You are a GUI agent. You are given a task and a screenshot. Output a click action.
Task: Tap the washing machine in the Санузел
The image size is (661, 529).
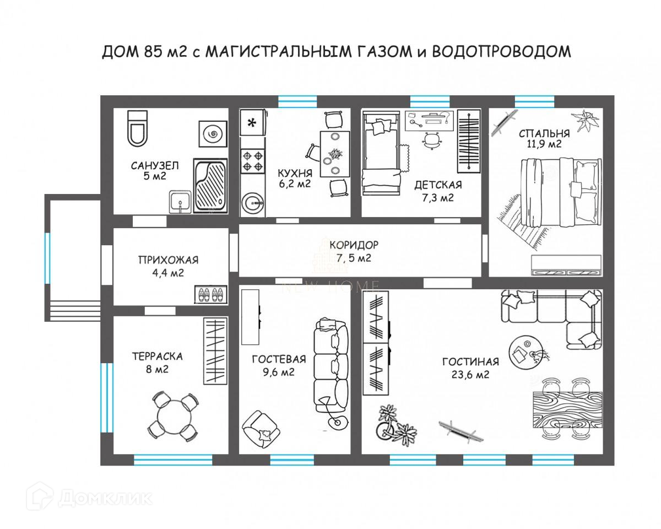pos(212,134)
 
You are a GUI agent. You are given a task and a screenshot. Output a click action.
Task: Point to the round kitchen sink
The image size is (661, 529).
pos(253,203)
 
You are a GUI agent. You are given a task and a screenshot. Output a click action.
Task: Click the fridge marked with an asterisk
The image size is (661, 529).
pos(253,123)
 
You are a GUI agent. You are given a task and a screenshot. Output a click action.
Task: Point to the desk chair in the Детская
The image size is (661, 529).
pos(432,141)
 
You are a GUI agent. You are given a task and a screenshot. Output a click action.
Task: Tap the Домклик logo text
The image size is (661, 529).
pos(105,498)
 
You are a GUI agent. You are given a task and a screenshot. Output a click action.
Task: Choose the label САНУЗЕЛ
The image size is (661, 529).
pos(155,165)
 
